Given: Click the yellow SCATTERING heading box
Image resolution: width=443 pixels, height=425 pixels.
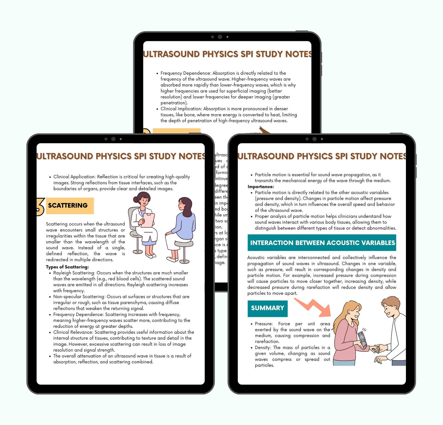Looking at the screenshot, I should [70, 206].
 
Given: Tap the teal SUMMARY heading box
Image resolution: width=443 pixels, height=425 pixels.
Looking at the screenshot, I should [267, 308].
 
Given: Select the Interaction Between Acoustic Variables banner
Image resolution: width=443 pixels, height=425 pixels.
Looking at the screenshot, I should [322, 243].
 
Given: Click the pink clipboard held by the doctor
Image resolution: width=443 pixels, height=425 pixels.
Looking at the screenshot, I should [148, 220].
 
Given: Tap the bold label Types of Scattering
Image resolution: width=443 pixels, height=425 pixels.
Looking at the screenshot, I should [67, 267].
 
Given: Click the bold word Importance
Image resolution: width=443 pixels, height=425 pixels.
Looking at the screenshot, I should [261, 187].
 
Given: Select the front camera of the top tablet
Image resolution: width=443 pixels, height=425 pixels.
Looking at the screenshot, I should [220, 37].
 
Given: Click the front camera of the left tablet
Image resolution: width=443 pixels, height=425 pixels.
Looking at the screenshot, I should [113, 139].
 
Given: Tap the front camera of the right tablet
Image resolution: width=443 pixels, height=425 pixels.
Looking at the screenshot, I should [314, 139].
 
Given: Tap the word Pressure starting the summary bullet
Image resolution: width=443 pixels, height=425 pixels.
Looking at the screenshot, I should [264, 324].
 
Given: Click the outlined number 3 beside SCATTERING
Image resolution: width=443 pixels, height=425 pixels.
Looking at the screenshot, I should [40, 206].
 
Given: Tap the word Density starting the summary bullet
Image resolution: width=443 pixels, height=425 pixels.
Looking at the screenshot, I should [263, 347].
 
